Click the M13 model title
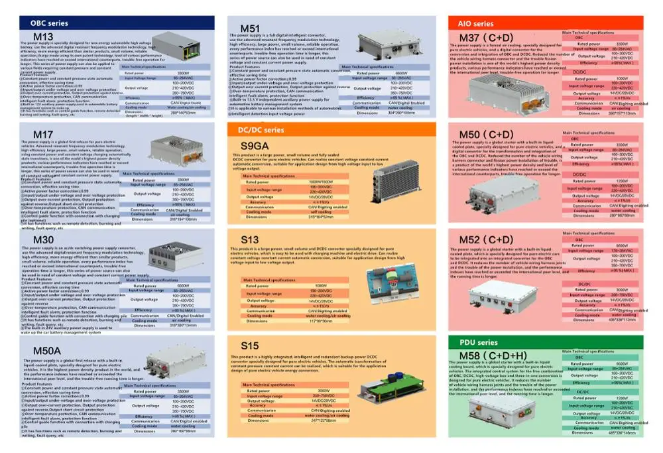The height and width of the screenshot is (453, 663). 43,36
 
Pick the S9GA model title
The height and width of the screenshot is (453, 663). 255,145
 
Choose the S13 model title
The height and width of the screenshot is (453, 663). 250,239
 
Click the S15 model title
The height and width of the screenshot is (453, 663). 250,346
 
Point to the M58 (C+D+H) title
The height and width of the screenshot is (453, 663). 494,356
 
